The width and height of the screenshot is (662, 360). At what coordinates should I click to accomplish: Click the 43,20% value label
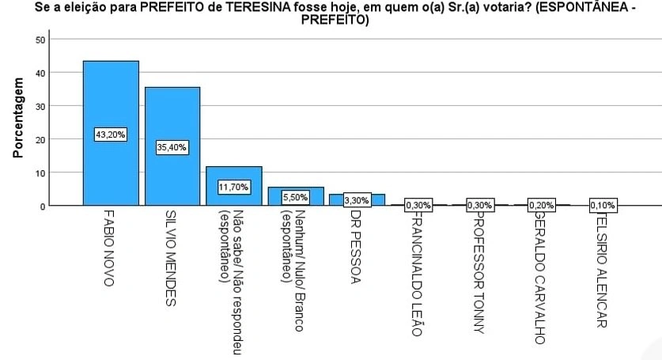coord(111,135)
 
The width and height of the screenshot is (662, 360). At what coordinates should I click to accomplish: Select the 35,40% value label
coord(172,147)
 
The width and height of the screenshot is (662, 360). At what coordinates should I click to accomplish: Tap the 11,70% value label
coord(234,187)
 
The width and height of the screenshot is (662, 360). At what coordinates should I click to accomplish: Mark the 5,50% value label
coord(295,197)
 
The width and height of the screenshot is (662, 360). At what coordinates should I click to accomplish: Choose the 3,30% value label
coord(357,201)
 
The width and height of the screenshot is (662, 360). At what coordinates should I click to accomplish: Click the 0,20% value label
coord(542,205)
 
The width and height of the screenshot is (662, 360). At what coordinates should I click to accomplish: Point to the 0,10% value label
coord(603,205)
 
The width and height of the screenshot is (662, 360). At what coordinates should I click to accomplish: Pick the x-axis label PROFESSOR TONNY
coord(479,269)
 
